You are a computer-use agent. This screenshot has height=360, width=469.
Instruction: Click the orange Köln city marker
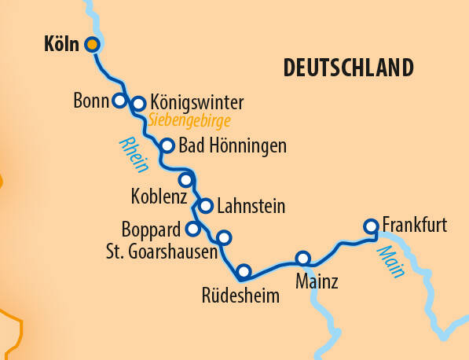pyautogui.click(x=92, y=44)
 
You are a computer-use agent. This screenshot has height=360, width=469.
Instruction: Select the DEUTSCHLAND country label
pyautogui.click(x=347, y=68)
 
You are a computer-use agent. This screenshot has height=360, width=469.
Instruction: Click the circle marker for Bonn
pyautogui.click(x=119, y=101)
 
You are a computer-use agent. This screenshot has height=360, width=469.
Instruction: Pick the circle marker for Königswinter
pyautogui.click(x=138, y=103)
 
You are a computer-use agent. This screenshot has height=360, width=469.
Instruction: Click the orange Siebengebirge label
pyautogui.click(x=189, y=120)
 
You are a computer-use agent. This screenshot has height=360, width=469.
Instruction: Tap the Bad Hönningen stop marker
pyautogui.click(x=167, y=145)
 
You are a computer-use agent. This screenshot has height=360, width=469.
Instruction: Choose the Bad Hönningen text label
pyautogui.click(x=233, y=145)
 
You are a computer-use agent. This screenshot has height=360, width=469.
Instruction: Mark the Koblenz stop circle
pyautogui.click(x=185, y=180)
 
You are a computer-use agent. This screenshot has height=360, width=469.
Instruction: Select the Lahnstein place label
pyautogui.click(x=250, y=207)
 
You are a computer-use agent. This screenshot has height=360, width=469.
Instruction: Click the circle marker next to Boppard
pyautogui.click(x=192, y=230)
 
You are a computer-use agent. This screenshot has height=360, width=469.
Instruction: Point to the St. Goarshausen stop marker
pyautogui.click(x=223, y=237)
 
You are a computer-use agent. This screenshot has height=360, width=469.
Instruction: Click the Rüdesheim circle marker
pyautogui.click(x=244, y=272)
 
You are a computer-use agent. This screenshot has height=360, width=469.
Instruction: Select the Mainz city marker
pyautogui.click(x=302, y=259)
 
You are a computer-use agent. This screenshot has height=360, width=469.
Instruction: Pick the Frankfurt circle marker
pyautogui.click(x=371, y=226)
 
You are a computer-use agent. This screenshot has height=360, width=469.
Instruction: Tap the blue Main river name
pyautogui.click(x=390, y=262)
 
